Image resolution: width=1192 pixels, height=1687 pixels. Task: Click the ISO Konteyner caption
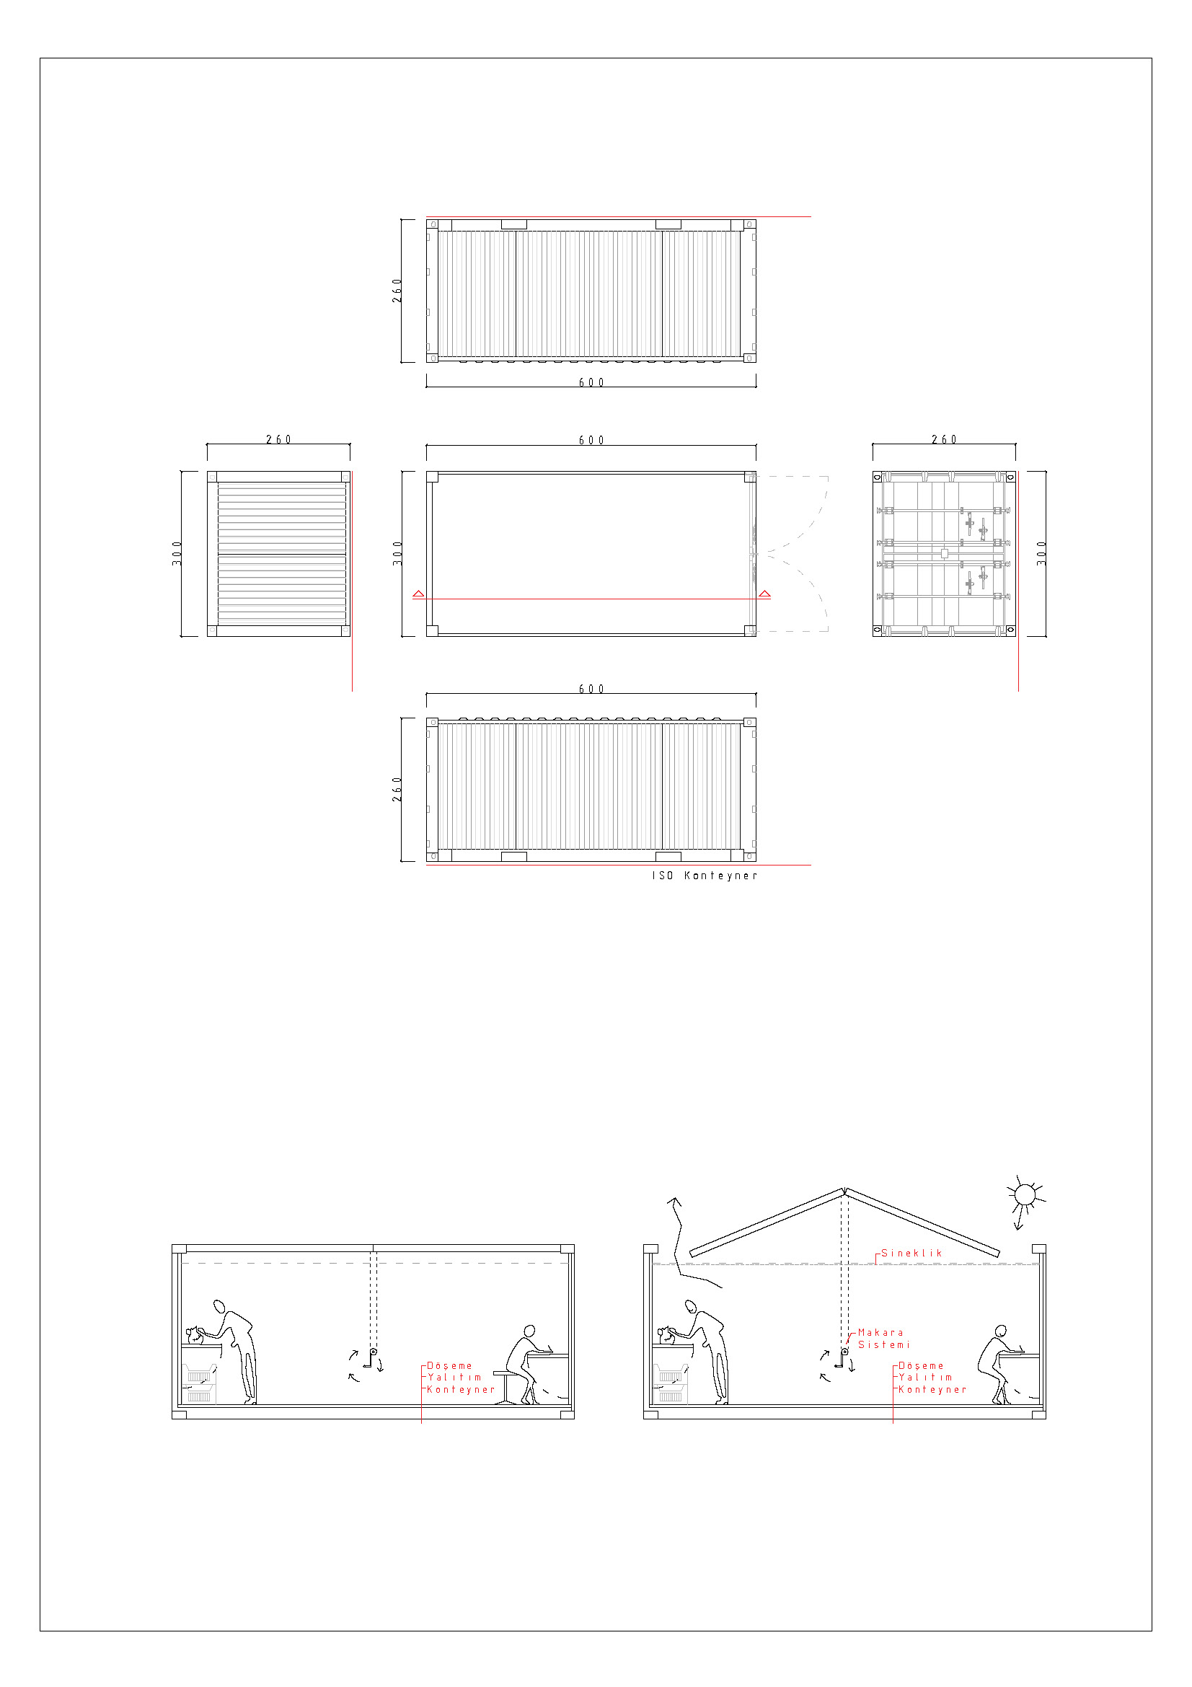pos(705,875)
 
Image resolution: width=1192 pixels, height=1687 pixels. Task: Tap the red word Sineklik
pos(911,1253)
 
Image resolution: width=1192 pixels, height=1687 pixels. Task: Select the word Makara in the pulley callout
pos(880,1332)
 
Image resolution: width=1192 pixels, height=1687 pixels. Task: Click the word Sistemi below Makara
pos(883,1344)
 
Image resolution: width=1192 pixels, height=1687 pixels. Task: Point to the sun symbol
pos(1025,1195)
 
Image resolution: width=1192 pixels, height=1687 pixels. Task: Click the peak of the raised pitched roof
pos(844,1189)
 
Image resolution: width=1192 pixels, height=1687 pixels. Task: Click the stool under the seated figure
pos(506,1387)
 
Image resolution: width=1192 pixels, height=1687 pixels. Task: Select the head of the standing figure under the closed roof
pos(219,1306)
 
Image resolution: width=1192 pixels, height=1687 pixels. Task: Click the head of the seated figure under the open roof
pos(1000,1331)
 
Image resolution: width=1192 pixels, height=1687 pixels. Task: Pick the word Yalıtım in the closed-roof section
pos(454,1377)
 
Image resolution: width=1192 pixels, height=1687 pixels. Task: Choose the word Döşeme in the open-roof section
pos(921,1365)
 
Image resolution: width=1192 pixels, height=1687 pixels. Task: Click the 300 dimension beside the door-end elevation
pos(1041,553)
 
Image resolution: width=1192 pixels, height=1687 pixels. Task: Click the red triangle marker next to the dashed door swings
pos(764,594)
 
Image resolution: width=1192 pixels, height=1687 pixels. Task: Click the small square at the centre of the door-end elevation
pos(945,553)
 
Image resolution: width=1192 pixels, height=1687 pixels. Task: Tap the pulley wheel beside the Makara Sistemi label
pos(844,1351)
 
